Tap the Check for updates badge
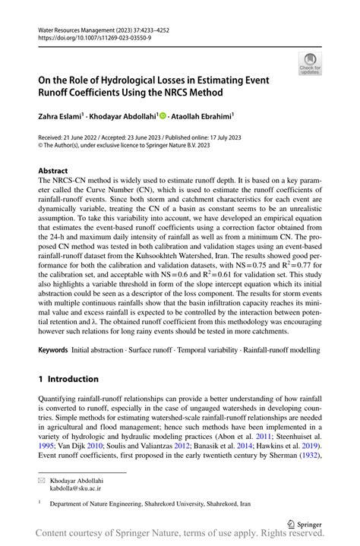point(309,65)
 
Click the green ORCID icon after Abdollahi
point(162,115)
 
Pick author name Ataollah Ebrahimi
point(204,115)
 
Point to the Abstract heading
point(52,172)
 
